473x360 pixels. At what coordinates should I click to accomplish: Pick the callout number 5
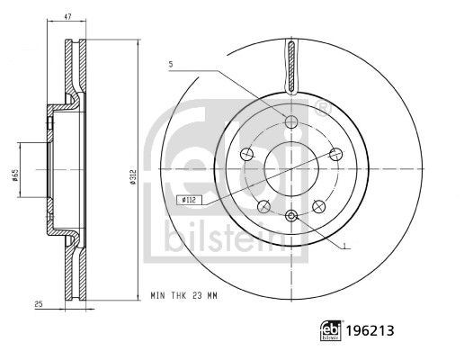click(169, 64)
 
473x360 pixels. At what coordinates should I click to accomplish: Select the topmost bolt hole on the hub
click(290, 122)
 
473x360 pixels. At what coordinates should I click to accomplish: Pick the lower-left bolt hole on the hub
click(263, 206)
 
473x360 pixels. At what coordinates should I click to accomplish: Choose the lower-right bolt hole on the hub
click(318, 206)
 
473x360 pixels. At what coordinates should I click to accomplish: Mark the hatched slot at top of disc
click(291, 66)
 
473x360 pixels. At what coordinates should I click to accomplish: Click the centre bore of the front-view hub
click(290, 167)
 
